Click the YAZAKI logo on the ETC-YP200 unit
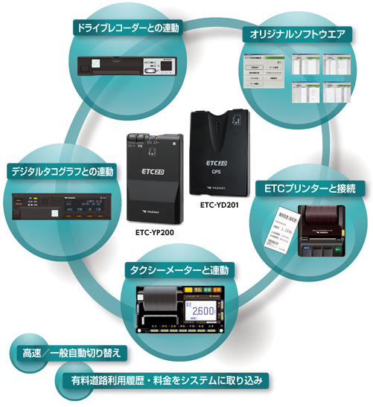[x=159, y=211]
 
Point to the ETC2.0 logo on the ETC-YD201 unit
[x=217, y=158]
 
